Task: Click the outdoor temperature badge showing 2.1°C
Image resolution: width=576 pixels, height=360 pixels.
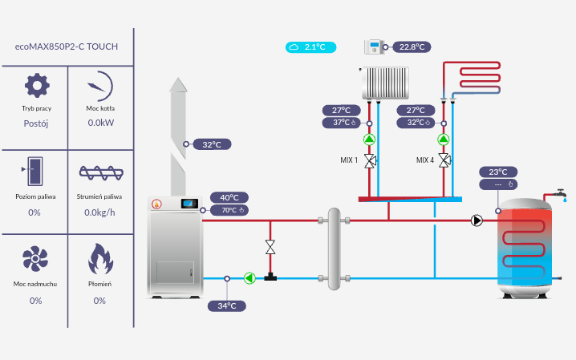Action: click(310, 47)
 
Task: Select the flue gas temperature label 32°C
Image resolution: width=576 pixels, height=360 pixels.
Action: click(211, 144)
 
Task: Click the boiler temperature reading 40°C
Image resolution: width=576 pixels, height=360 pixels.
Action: click(229, 197)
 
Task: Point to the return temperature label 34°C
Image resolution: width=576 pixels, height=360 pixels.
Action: click(227, 305)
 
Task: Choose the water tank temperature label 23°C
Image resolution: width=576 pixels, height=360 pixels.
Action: click(497, 172)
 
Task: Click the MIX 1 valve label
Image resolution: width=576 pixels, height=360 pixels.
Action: click(349, 160)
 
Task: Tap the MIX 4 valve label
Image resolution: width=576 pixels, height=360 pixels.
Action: click(424, 160)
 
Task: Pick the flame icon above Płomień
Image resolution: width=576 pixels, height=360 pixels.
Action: click(99, 258)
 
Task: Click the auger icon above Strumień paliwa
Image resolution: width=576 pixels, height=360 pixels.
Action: click(99, 172)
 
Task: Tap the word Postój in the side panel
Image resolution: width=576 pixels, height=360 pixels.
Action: click(36, 123)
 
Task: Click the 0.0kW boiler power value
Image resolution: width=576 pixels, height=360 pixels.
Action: click(100, 123)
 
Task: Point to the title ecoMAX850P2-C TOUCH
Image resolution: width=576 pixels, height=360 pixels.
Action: click(67, 47)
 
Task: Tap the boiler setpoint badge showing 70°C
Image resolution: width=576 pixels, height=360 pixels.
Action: click(229, 211)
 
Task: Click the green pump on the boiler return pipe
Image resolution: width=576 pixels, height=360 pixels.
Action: click(249, 278)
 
